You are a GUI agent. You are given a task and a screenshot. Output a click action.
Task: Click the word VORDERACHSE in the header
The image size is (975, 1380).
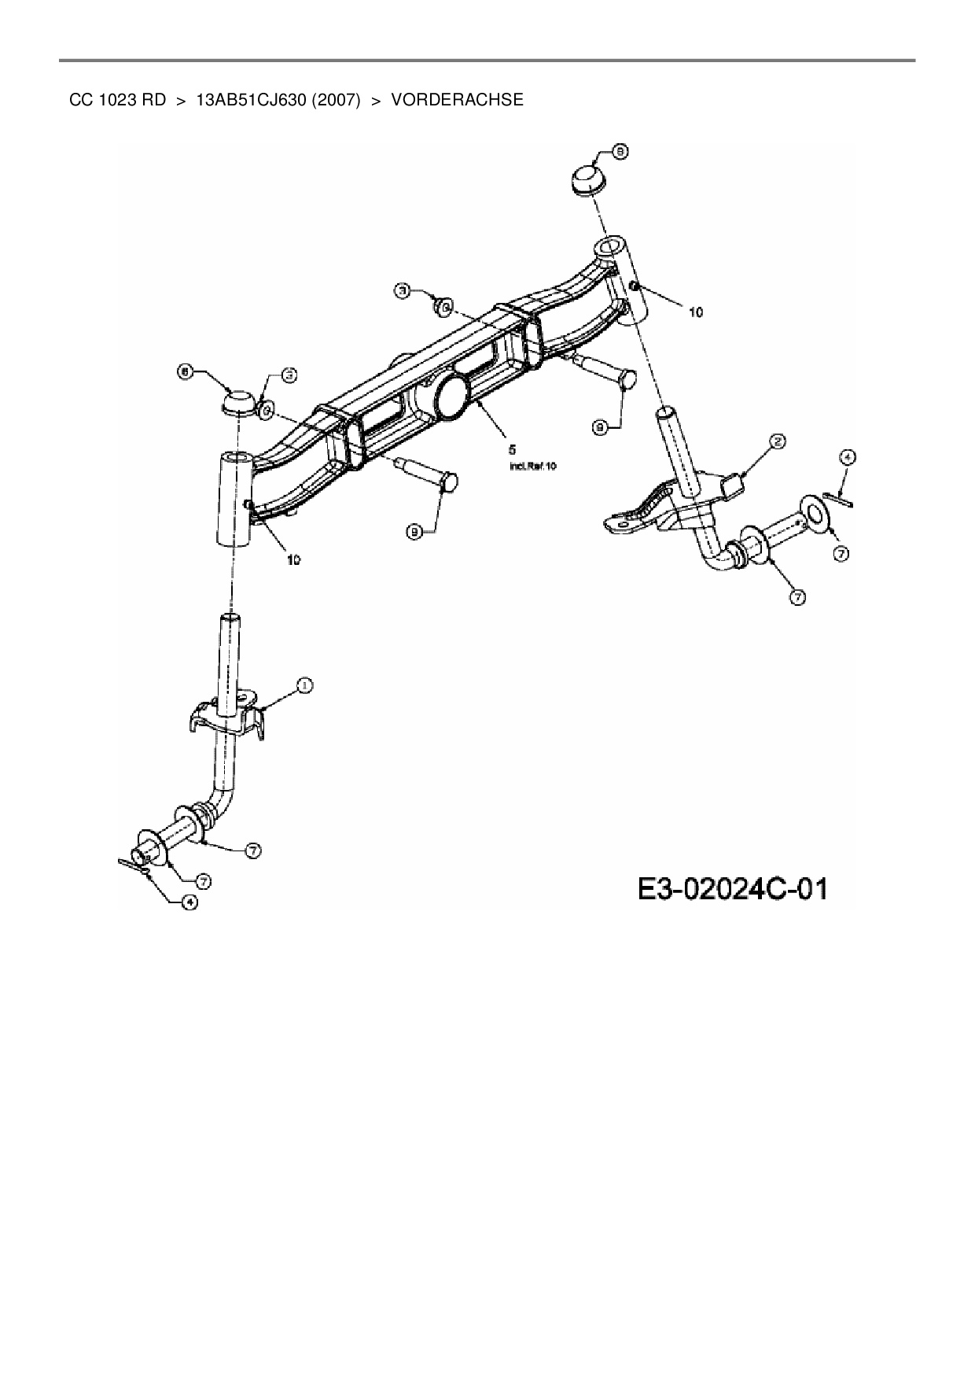pyautogui.click(x=457, y=100)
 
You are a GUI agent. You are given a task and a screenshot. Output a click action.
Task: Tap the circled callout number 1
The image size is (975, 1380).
pyautogui.click(x=304, y=686)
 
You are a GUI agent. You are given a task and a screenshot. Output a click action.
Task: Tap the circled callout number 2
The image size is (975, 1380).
pyautogui.click(x=776, y=442)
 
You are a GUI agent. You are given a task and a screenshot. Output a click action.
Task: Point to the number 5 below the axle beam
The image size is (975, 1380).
pyautogui.click(x=513, y=450)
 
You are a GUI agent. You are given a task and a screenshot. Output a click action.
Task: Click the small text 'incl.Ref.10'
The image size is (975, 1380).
pyautogui.click(x=534, y=467)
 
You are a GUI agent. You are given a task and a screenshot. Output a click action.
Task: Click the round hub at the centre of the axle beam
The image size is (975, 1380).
pyautogui.click(x=452, y=397)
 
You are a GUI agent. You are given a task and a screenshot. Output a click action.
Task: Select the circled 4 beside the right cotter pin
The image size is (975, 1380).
pyautogui.click(x=846, y=456)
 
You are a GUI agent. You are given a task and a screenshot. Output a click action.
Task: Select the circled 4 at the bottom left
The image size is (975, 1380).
pyautogui.click(x=189, y=902)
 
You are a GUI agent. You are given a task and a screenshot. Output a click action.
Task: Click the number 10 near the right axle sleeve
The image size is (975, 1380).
pyautogui.click(x=695, y=312)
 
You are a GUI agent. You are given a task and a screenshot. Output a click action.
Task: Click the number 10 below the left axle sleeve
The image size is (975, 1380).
pyautogui.click(x=292, y=560)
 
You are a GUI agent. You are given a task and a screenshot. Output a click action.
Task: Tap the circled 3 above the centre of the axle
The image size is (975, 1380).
pyautogui.click(x=402, y=291)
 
